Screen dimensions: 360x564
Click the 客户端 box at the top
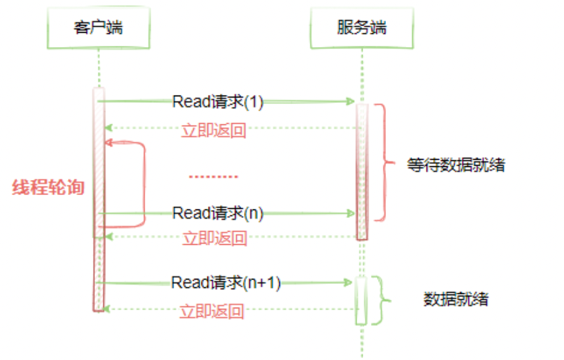tap(98, 27)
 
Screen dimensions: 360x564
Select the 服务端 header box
tap(362, 27)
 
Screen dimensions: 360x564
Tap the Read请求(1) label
tap(218, 101)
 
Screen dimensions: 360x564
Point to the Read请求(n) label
tap(218, 213)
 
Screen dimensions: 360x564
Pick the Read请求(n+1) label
tap(226, 282)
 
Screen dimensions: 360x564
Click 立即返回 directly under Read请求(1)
tap(214, 130)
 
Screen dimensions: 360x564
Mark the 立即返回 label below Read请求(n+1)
tap(212, 312)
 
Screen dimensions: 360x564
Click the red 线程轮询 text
tap(48, 187)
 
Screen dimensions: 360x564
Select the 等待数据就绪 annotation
tap(456, 164)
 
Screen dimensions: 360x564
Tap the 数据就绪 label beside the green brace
tap(456, 300)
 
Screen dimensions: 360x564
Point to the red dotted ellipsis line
tap(213, 177)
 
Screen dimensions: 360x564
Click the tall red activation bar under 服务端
tap(362, 171)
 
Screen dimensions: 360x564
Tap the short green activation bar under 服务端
tap(361, 300)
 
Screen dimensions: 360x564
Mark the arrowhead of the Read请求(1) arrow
tap(351, 101)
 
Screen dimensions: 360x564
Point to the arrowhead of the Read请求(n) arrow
tap(351, 213)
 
